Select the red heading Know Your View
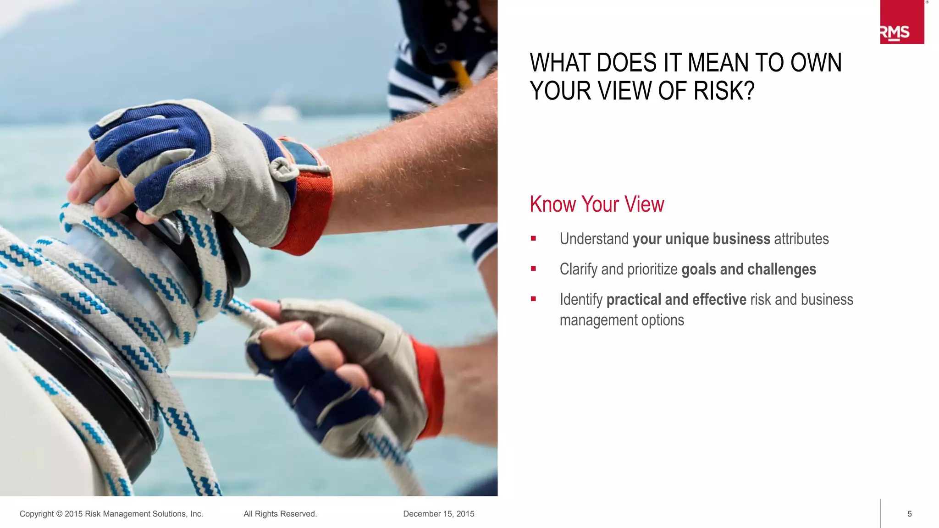pyautogui.click(x=597, y=204)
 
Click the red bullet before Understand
pyautogui.click(x=533, y=238)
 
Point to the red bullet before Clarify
pyautogui.click(x=533, y=269)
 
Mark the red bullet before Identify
pyautogui.click(x=533, y=299)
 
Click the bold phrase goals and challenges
pyautogui.click(x=748, y=269)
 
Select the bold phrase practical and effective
pyautogui.click(x=676, y=299)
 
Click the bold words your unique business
pyautogui.click(x=701, y=239)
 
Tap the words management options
pyautogui.click(x=621, y=320)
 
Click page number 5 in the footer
pyautogui.click(x=909, y=514)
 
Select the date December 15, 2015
pyautogui.click(x=438, y=514)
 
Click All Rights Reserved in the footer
pyautogui.click(x=280, y=514)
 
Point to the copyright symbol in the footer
pyautogui.click(x=59, y=514)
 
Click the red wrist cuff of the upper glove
pyautogui.click(x=312, y=211)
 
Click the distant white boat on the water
pyautogui.click(x=278, y=112)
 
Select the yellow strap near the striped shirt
pyautogui.click(x=461, y=73)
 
